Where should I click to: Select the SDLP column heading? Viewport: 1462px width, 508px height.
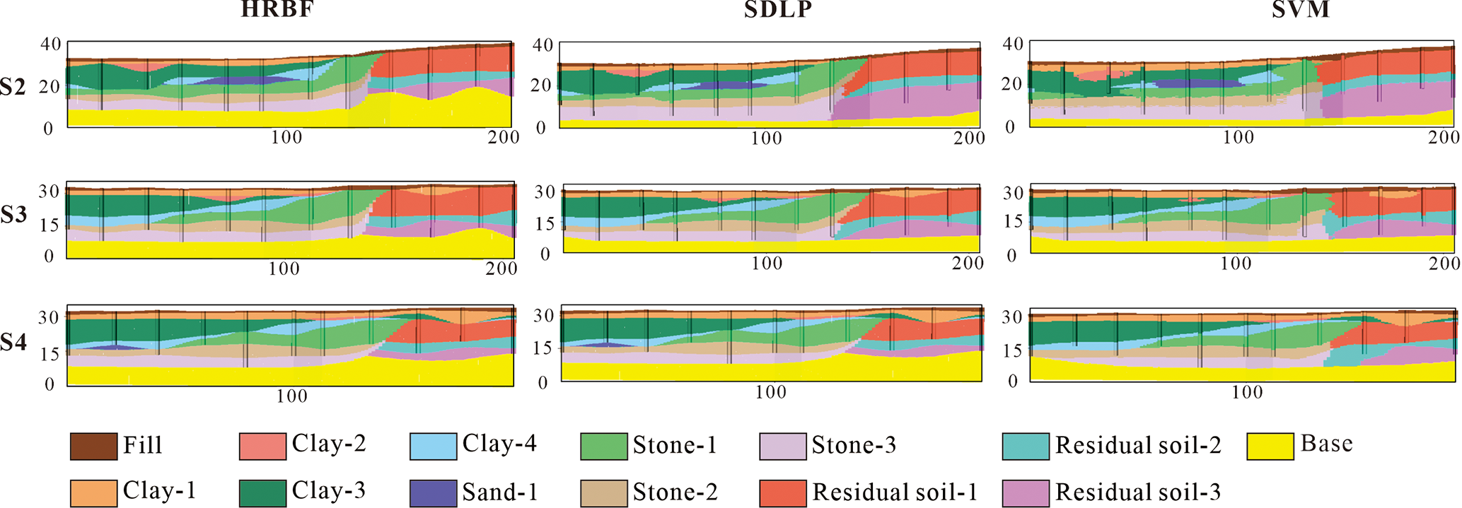tap(777, 10)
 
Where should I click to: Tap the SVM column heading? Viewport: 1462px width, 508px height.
tap(1300, 10)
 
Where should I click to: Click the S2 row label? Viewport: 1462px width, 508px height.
tap(13, 87)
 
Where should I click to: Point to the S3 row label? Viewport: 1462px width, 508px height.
tap(13, 215)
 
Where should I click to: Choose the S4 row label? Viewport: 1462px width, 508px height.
tap(13, 343)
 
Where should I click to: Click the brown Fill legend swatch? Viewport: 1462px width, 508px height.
tap(93, 447)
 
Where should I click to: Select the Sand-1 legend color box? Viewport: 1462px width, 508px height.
tap(433, 493)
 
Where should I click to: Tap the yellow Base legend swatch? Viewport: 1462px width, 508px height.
tap(1270, 447)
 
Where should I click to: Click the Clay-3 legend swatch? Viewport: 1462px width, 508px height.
tap(262, 493)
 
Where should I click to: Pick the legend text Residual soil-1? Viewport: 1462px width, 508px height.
tap(895, 492)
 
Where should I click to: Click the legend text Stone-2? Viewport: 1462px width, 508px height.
tap(675, 492)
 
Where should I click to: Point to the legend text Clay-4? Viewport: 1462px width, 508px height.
tap(499, 444)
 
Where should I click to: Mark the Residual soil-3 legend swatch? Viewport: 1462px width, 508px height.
tap(1026, 493)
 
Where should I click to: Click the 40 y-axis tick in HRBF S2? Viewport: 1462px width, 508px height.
tap(50, 44)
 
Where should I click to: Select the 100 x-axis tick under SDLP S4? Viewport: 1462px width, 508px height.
tap(770, 392)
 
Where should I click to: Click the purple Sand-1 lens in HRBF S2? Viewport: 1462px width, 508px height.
tap(240, 81)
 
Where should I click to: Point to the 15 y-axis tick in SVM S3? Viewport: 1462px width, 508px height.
tap(1014, 221)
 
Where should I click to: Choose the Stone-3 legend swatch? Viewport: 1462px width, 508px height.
tap(782, 447)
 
